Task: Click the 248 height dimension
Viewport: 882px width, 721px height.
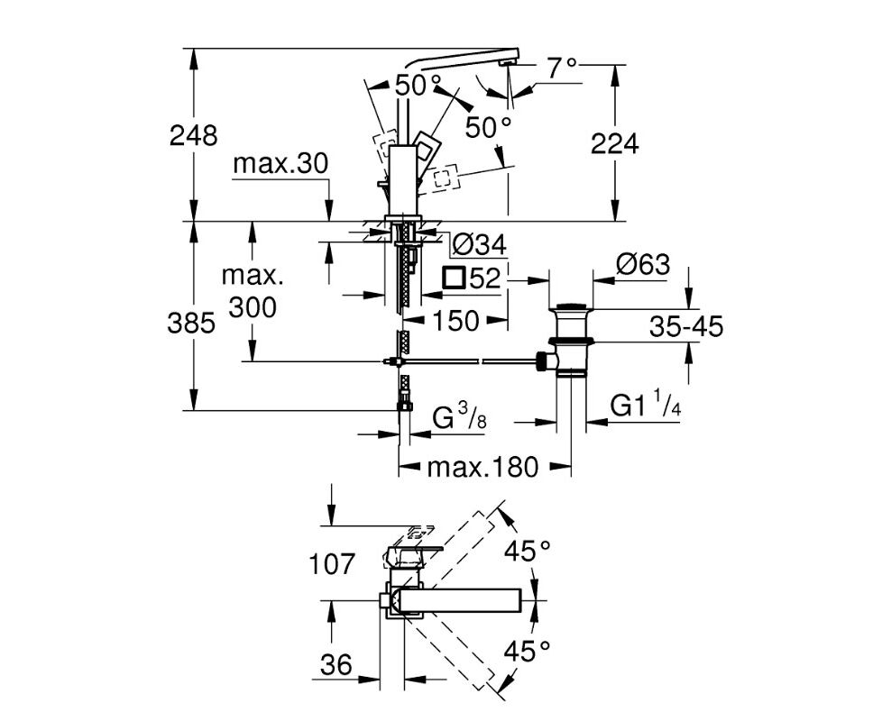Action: pyautogui.click(x=194, y=136)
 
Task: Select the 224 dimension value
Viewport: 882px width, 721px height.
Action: pyautogui.click(x=615, y=144)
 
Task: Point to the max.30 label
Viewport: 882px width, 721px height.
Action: pyautogui.click(x=280, y=164)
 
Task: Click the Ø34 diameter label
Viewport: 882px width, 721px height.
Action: pyautogui.click(x=480, y=245)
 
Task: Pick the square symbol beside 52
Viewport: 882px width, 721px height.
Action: pyautogui.click(x=454, y=278)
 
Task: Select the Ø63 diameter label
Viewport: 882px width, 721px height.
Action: pyautogui.click(x=643, y=264)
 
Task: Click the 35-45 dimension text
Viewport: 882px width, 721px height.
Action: pyautogui.click(x=686, y=326)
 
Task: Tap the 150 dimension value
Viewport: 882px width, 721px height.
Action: pyautogui.click(x=455, y=321)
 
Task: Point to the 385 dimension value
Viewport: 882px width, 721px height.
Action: pyautogui.click(x=191, y=324)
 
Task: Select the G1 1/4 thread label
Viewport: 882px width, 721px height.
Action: pyautogui.click(x=645, y=406)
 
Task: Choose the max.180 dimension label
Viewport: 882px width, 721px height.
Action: pyautogui.click(x=482, y=467)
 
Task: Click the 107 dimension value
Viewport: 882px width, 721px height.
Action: pyautogui.click(x=333, y=564)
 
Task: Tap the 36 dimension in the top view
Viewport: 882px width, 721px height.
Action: pyautogui.click(x=335, y=665)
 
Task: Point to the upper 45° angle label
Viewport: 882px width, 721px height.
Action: pyautogui.click(x=527, y=551)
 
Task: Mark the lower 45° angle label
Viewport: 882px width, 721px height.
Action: pyautogui.click(x=527, y=652)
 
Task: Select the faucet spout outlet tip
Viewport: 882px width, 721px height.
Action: pyautogui.click(x=508, y=63)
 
